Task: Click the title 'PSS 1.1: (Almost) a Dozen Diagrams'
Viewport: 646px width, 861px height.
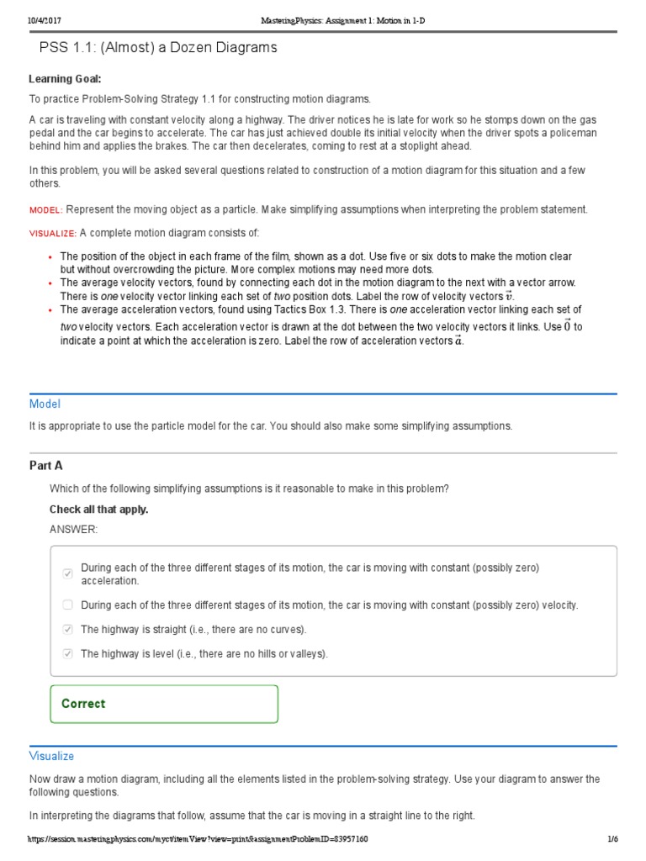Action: (158, 48)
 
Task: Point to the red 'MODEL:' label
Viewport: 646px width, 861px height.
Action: (45, 210)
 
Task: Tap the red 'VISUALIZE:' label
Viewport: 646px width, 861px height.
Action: (53, 233)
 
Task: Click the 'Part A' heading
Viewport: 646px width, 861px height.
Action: (45, 465)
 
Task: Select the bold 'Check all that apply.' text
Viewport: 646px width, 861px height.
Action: (98, 510)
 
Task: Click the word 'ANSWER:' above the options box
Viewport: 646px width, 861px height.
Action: (73, 529)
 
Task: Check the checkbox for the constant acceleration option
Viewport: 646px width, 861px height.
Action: (67, 573)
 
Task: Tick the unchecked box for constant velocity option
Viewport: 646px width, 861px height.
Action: (67, 605)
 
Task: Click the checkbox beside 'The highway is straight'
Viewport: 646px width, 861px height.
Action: (67, 629)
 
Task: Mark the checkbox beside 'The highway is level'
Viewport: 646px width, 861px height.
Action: (67, 653)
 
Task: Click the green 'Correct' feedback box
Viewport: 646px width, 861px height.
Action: (164, 704)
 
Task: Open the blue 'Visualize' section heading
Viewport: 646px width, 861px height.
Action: (51, 756)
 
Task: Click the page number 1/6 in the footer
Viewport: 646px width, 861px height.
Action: (612, 839)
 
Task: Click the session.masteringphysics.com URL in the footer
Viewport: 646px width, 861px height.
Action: (197, 839)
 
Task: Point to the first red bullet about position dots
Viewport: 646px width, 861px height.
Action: (50, 256)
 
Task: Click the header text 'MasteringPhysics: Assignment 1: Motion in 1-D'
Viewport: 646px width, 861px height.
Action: (323, 19)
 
